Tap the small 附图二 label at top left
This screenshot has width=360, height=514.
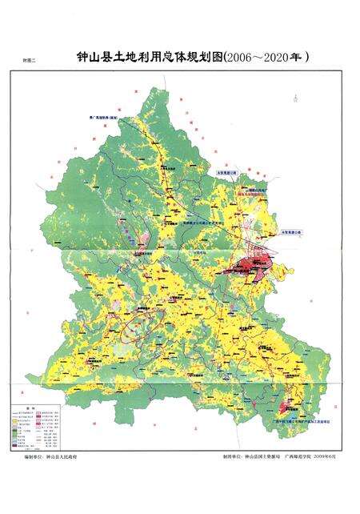coord(32,61)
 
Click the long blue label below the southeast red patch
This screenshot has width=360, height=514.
coord(286,418)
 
